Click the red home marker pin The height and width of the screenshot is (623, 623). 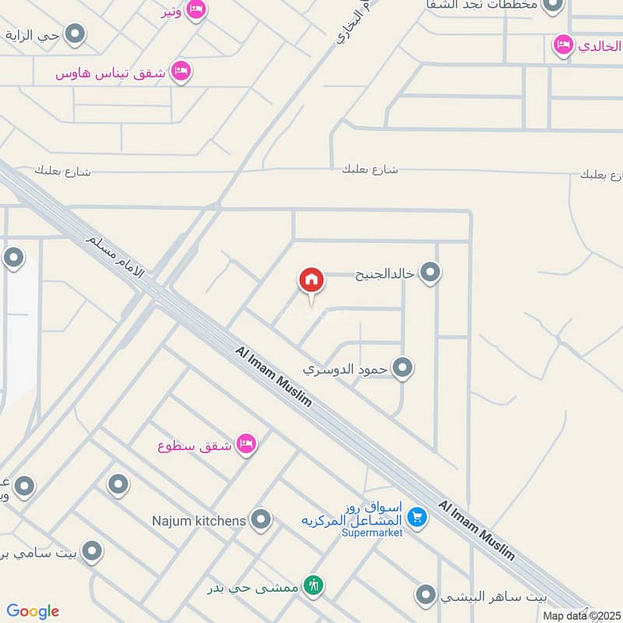pyautogui.click(x=311, y=280)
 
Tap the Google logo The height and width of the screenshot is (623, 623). pyautogui.click(x=33, y=611)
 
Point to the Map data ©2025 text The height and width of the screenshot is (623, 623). pyautogui.click(x=582, y=616)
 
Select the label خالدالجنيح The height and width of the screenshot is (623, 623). pyautogui.click(x=383, y=273)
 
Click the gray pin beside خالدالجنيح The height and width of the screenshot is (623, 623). pyautogui.click(x=430, y=273)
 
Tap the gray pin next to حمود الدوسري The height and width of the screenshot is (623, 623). pyautogui.click(x=402, y=368)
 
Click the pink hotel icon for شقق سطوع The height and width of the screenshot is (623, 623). pyautogui.click(x=247, y=445)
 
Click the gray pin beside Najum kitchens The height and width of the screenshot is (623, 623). pyautogui.click(x=261, y=519)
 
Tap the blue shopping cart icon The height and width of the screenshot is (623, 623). pyautogui.click(x=417, y=517)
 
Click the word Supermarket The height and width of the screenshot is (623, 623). pyautogui.click(x=372, y=533)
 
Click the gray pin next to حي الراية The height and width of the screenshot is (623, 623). pyautogui.click(x=75, y=34)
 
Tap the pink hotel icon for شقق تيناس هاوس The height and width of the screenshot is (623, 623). pyautogui.click(x=181, y=72)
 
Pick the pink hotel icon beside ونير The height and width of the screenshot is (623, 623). pyautogui.click(x=197, y=9)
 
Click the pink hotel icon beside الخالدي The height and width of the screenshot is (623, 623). pyautogui.click(x=561, y=45)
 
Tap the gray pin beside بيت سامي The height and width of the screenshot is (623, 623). pyautogui.click(x=92, y=552)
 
